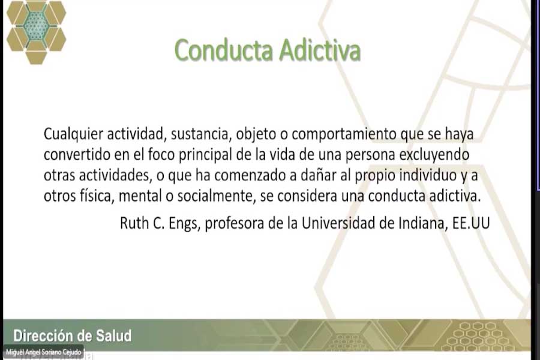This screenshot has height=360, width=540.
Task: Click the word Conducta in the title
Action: coord(224,50)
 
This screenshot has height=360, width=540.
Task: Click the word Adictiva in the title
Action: coord(320,50)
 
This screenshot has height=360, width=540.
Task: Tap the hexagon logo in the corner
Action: coord(36,32)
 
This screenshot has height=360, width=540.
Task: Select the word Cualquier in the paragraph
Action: coord(73,134)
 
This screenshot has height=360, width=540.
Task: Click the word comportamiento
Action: coord(344,134)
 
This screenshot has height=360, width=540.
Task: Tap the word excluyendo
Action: coord(434,155)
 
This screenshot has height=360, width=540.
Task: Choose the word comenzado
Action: coord(251,176)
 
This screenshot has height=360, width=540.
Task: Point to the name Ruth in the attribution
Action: coord(134,223)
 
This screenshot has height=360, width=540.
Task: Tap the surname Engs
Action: coord(184,224)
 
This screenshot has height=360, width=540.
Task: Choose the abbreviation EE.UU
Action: coord(471,223)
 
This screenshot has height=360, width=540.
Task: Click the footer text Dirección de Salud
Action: coord(73,336)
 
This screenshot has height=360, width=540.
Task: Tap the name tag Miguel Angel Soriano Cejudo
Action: coord(44,352)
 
